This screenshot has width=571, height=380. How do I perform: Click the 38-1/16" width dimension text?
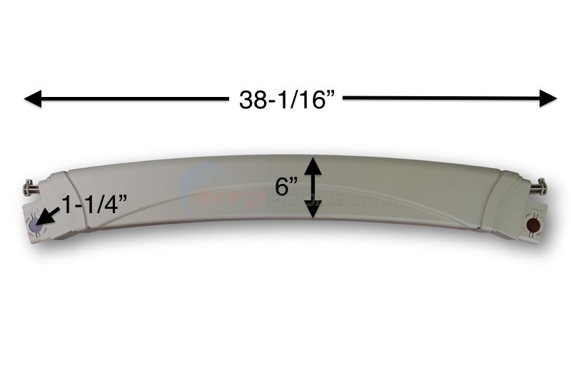coord(286,100)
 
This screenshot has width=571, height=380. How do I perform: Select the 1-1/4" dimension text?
coord(94,206)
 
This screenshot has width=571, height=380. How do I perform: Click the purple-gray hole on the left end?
coord(36,225)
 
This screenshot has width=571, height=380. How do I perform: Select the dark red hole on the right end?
coord(532,226)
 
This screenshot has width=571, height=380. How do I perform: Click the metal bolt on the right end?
coord(538,188)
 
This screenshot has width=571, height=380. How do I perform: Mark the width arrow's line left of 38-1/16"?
coord(128,99)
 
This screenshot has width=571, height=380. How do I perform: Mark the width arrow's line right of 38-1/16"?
coord(443,98)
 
